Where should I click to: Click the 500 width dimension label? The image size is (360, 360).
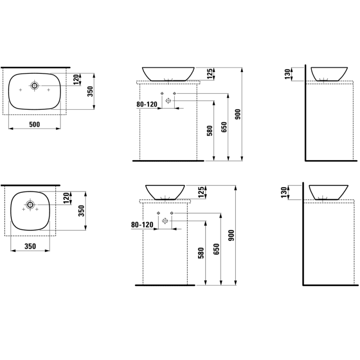pos(35,125)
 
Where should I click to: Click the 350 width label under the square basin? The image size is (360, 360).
pos(30,246)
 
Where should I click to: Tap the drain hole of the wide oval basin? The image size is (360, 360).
pos(35,85)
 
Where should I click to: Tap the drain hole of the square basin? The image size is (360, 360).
pos(30,204)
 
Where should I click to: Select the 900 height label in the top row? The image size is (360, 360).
pos(238,114)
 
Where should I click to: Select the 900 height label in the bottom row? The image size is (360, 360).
pos(231,235)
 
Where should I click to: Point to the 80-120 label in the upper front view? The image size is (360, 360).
pos(147,104)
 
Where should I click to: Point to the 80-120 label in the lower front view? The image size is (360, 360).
pos(142,225)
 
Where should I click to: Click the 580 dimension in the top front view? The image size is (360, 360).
pos(210,130)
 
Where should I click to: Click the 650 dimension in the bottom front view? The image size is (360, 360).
pos(216,249)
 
